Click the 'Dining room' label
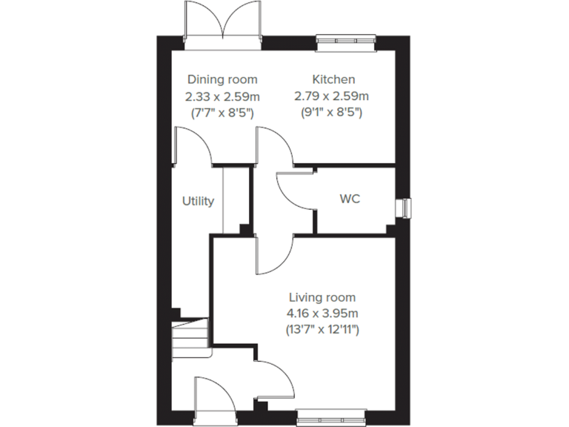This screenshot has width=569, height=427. [222, 79]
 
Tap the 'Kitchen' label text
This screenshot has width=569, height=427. [333, 79]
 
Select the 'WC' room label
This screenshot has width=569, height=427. [350, 200]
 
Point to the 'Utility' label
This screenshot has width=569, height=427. [199, 201]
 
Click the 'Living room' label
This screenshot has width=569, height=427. [322, 297]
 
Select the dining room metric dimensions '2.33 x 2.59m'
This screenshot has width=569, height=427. [222, 96]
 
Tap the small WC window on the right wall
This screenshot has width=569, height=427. [404, 208]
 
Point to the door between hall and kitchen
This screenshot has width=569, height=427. [274, 146]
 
